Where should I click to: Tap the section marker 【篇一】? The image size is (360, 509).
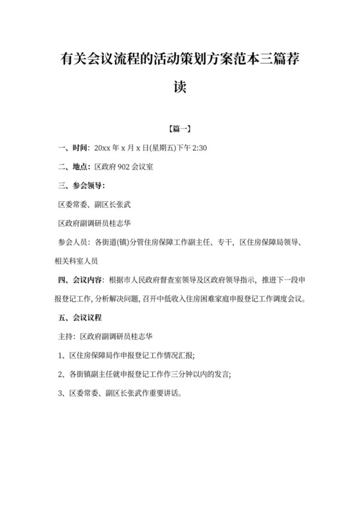[179, 129]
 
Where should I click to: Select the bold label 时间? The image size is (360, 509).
[80, 148]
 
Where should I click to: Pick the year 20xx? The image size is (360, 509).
[104, 148]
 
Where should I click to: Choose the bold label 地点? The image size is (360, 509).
[80, 167]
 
